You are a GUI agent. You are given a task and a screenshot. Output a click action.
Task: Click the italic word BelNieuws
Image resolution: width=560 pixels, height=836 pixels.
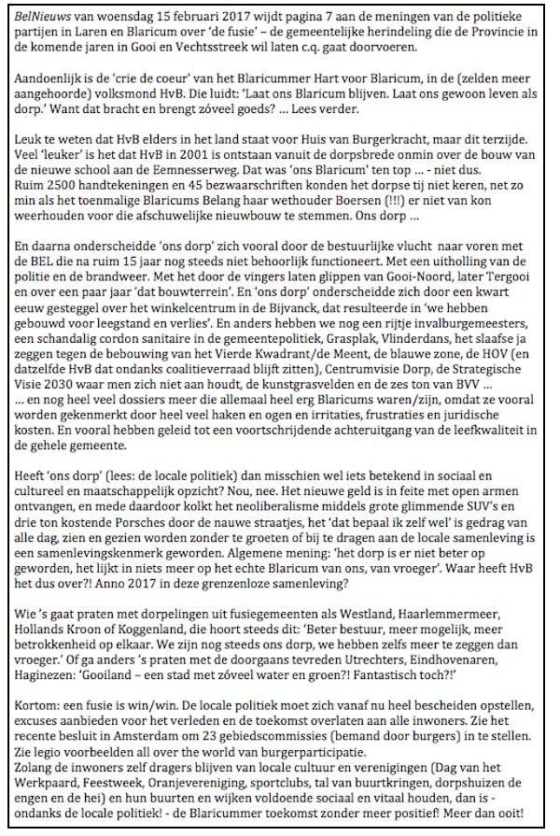tap(35, 14)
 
